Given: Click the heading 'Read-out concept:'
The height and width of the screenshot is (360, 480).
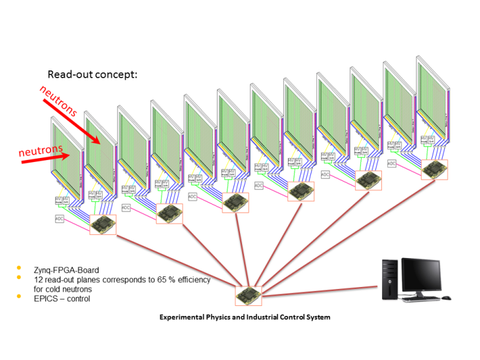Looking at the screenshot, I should coord(92,74).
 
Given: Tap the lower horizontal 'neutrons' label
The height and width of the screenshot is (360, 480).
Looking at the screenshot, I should coord(39,151).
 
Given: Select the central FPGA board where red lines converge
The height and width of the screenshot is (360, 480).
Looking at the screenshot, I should coord(249,294).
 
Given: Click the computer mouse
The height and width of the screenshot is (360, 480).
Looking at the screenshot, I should coord(446,297).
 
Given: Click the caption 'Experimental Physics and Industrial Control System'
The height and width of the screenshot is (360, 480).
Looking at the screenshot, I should coord(245,317).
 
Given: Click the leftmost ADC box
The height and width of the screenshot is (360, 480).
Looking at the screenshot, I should coord(60,219).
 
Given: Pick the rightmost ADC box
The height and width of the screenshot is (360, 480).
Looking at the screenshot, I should coord(392,163).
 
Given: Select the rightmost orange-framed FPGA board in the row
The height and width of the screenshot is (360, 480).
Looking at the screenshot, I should coord(434,169).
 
